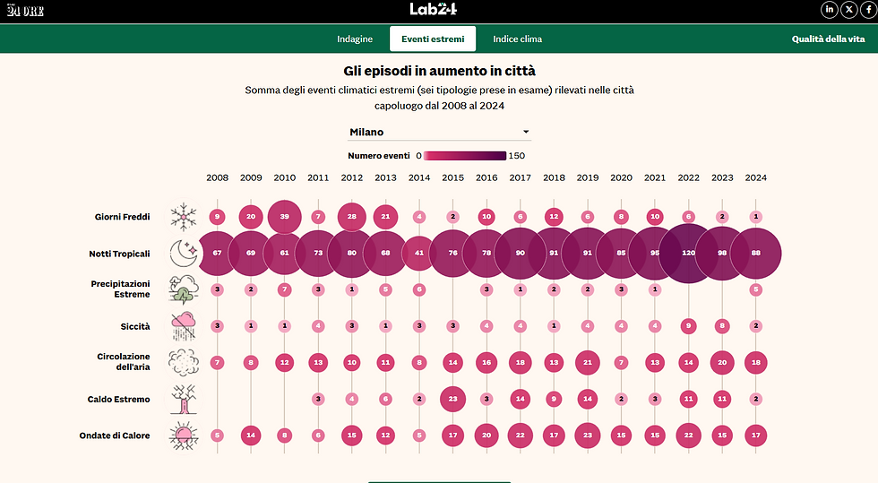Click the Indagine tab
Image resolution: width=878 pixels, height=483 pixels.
(x=355, y=39)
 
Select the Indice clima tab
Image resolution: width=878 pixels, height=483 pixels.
(x=517, y=39)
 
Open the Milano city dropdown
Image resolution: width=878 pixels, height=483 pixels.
(x=439, y=132)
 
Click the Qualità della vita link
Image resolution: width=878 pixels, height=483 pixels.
(x=829, y=39)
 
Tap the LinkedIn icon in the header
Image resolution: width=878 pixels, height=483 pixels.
(x=830, y=10)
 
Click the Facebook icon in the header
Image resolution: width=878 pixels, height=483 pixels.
(x=866, y=10)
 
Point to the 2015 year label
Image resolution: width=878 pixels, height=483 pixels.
(x=452, y=177)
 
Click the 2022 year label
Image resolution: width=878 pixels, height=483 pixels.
(x=688, y=177)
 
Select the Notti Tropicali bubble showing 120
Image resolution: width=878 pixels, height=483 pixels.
(x=688, y=254)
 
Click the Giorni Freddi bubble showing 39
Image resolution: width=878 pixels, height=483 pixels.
(x=284, y=217)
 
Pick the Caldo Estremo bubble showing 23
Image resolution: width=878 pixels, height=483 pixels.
(x=452, y=399)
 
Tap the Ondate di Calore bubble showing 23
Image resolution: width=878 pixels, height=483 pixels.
(x=587, y=436)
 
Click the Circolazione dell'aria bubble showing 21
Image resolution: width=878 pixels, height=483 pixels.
(x=587, y=362)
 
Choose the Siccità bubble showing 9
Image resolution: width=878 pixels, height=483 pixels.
(x=688, y=326)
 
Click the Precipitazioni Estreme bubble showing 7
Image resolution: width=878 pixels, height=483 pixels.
(x=284, y=289)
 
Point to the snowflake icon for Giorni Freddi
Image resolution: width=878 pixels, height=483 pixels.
(x=184, y=217)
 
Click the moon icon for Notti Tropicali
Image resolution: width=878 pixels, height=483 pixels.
(x=185, y=254)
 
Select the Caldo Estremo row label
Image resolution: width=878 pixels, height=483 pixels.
(x=119, y=399)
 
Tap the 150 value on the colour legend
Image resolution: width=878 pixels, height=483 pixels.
(x=517, y=156)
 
